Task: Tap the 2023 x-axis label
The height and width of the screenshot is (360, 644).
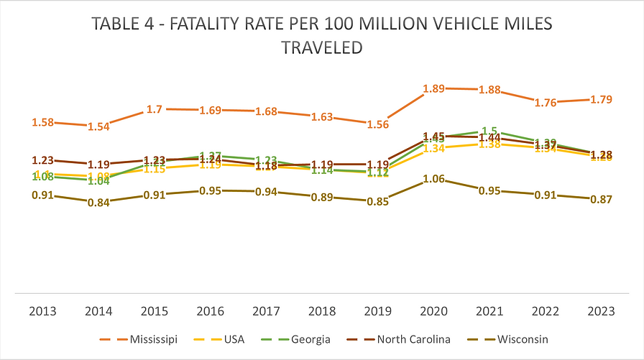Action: click(x=602, y=311)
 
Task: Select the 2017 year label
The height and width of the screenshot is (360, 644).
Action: click(x=266, y=311)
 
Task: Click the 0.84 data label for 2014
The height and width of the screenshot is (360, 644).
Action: click(x=98, y=203)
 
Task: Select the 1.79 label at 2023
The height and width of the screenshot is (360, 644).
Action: click(x=601, y=99)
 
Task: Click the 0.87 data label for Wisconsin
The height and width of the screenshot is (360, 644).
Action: click(x=601, y=199)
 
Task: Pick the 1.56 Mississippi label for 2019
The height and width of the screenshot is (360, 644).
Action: click(x=378, y=124)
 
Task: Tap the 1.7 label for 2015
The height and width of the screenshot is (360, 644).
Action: click(x=154, y=109)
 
